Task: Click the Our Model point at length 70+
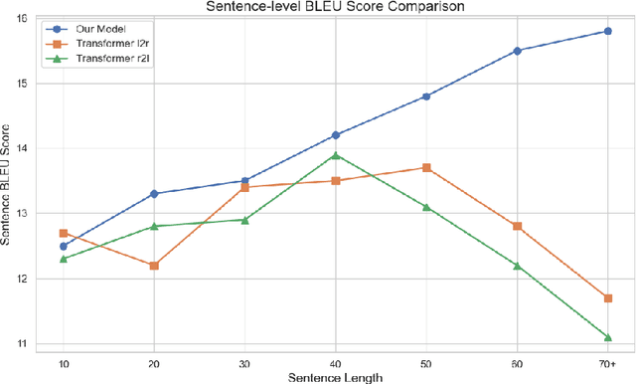click(x=607, y=31)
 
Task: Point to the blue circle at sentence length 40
click(x=336, y=135)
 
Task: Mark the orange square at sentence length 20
click(x=154, y=266)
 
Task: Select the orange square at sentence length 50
click(x=426, y=168)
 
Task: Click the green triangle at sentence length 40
click(x=336, y=155)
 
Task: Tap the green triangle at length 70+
click(x=607, y=337)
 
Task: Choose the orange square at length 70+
click(x=607, y=298)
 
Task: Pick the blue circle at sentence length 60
click(x=517, y=51)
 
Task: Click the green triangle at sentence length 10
click(x=64, y=259)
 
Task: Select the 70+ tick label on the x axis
click(x=607, y=362)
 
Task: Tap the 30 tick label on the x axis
click(x=244, y=362)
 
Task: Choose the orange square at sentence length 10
click(x=64, y=233)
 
